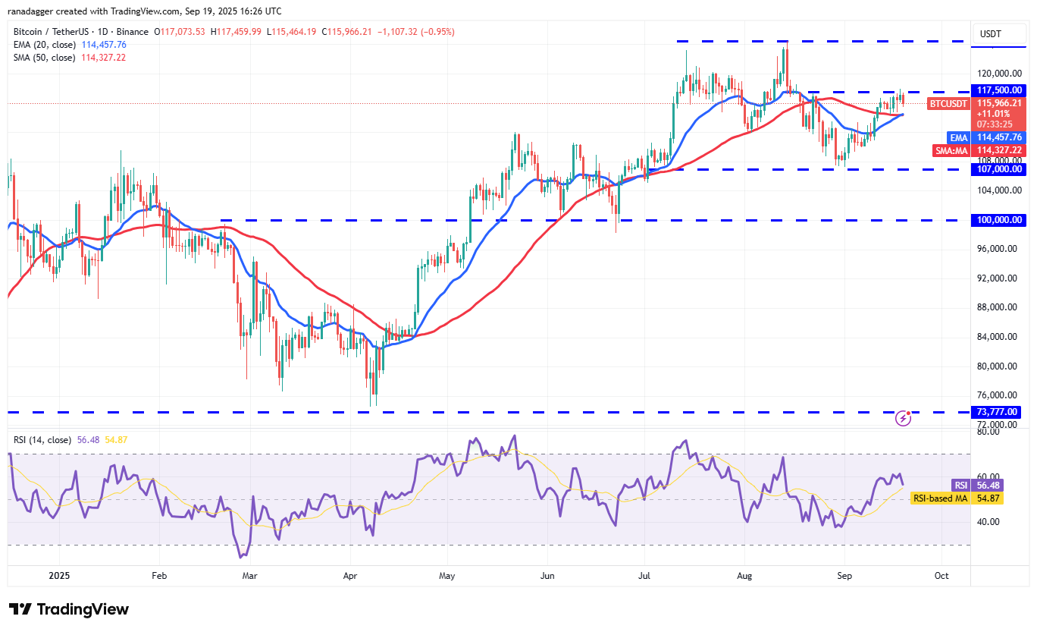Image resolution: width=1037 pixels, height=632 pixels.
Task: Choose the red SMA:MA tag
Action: [951, 150]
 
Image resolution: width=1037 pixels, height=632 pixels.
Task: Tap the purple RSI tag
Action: [959, 485]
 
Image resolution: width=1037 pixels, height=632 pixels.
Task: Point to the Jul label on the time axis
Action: [644, 576]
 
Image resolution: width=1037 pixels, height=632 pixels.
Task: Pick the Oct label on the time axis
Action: [941, 576]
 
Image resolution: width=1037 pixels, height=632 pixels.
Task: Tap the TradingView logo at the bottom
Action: [69, 609]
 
